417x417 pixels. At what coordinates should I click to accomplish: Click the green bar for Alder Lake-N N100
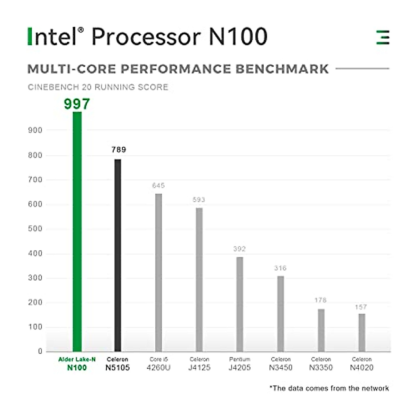click(77, 231)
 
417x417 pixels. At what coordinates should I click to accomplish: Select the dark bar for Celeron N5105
click(118, 255)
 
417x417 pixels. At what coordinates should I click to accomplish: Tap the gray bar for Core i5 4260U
click(158, 272)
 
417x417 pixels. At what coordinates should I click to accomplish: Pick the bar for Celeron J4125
click(199, 279)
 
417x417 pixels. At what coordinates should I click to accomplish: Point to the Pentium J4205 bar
click(240, 304)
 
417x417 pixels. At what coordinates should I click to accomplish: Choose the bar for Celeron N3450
click(280, 313)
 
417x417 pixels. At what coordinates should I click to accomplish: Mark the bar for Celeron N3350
click(321, 330)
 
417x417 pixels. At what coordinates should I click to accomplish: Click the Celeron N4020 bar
click(362, 333)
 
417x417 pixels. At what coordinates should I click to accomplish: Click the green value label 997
click(77, 104)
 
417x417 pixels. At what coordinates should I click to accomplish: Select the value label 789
click(118, 150)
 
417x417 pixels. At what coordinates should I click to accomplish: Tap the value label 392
click(239, 249)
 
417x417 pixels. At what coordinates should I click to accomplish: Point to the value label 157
click(361, 307)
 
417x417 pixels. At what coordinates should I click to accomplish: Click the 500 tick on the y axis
click(35, 229)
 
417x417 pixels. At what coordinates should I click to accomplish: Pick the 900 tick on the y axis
click(35, 130)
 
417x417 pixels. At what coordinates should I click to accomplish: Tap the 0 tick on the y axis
click(40, 351)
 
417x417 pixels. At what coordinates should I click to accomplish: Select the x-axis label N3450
click(281, 368)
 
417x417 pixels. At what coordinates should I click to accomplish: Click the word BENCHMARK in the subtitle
click(282, 69)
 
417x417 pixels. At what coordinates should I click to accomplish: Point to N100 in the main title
click(238, 36)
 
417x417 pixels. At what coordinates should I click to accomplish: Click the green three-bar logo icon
click(383, 37)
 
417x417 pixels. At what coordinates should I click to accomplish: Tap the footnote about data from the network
click(329, 388)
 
